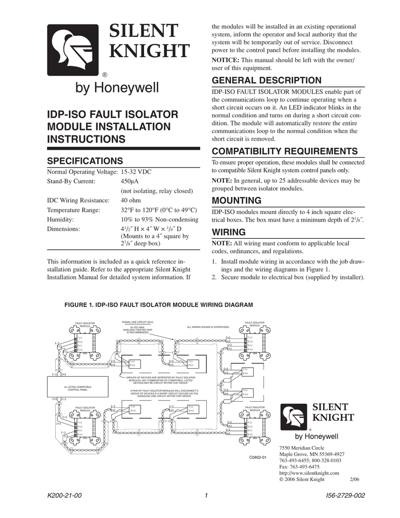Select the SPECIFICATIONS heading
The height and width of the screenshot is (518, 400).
click(x=85, y=161)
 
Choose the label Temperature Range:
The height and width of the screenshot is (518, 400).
click(x=73, y=210)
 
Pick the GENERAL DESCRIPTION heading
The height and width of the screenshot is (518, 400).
click(x=266, y=80)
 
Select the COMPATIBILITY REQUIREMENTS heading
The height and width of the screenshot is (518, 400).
click(x=285, y=151)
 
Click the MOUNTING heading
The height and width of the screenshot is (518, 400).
click(x=237, y=200)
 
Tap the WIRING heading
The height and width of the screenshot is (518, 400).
click(x=229, y=232)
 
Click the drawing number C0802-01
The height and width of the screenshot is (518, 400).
click(x=257, y=457)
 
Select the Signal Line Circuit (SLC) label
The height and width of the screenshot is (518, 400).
click(x=138, y=322)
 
